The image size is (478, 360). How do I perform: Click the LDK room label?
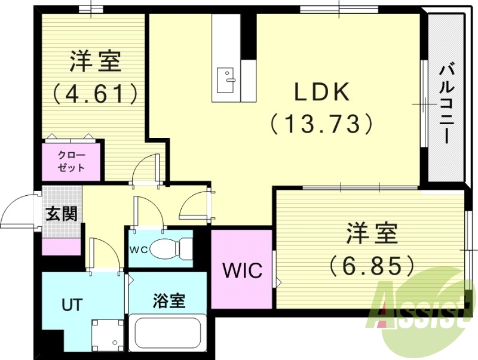tap(321, 93)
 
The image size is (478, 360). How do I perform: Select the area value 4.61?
tap(96, 93)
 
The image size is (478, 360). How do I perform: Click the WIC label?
tap(243, 271)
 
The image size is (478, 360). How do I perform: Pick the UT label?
tap(71, 304)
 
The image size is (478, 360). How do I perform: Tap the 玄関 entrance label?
tap(62, 213)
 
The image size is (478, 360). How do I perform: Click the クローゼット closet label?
tap(72, 161)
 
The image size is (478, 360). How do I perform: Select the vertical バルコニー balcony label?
tap(446, 103)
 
